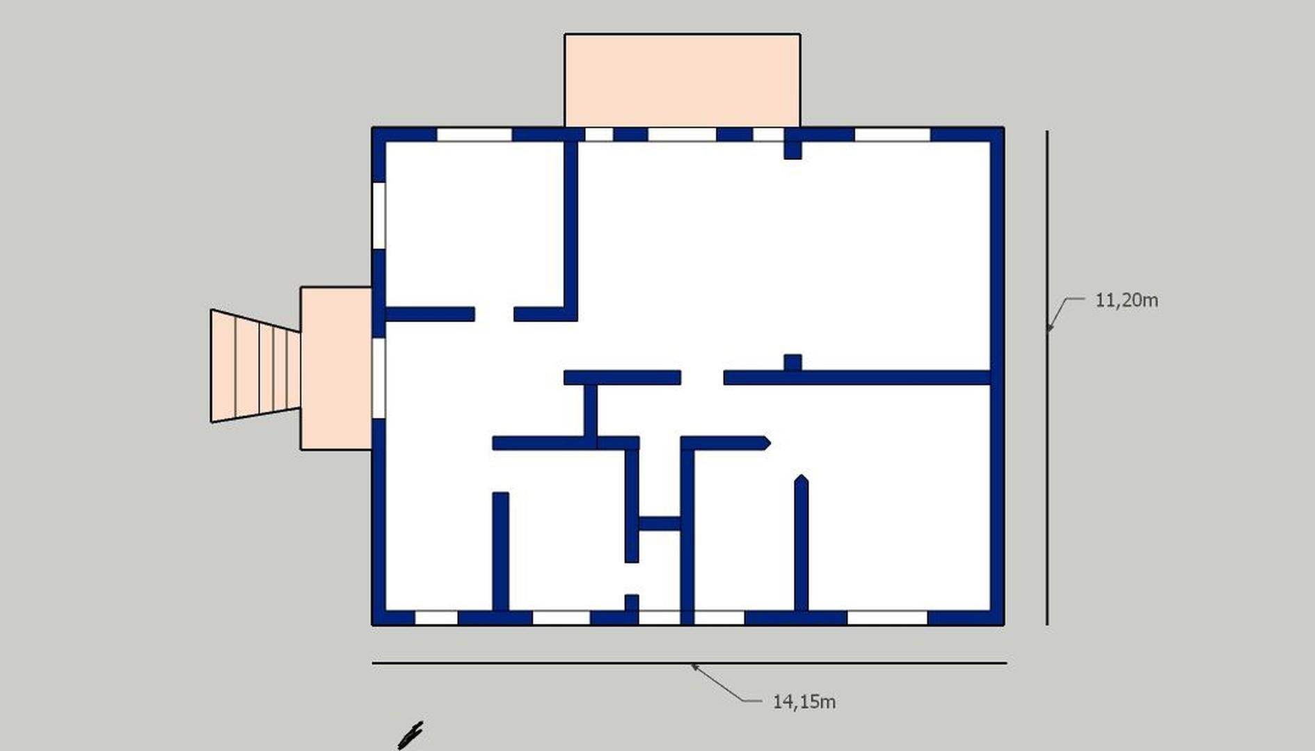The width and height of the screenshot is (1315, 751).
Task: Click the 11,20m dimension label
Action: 1126,300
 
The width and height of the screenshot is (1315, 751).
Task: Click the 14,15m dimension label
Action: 804,702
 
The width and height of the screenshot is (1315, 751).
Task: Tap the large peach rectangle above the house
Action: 682,80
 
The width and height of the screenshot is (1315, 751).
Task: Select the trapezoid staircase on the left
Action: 255,366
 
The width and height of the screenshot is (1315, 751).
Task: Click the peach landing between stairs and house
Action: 336,368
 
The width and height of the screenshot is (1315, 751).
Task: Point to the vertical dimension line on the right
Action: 1047,378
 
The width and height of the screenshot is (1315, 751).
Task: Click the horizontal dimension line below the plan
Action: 689,663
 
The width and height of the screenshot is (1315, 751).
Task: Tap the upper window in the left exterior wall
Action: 379,216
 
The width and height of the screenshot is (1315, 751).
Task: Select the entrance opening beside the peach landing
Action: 379,378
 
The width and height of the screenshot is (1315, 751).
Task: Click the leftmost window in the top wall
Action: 474,134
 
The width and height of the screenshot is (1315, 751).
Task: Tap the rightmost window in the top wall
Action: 892,134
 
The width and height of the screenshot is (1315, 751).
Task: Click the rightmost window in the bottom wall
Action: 887,618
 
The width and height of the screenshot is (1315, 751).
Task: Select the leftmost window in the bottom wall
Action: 436,618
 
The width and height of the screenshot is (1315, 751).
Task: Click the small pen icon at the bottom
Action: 410,736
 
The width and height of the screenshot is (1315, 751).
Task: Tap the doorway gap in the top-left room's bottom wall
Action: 494,314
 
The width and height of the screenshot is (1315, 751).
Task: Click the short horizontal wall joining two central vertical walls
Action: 660,524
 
